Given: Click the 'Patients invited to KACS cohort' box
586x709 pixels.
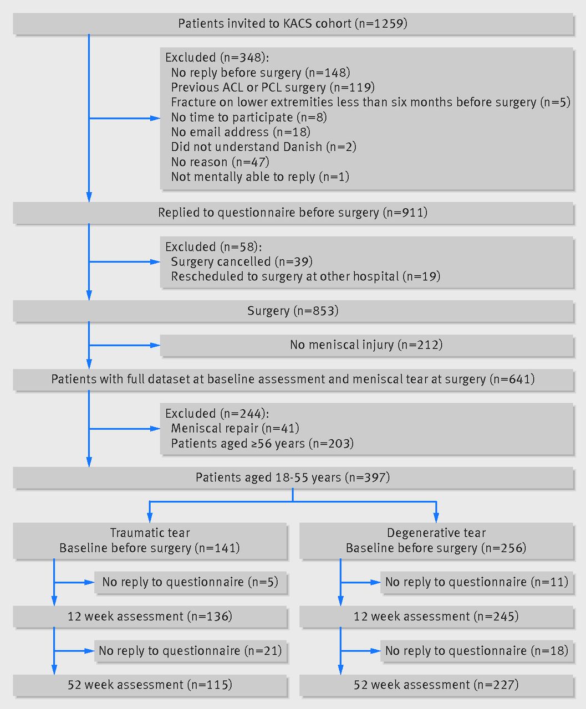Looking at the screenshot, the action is [x=293, y=24].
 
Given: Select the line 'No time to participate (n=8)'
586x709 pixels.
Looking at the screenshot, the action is [x=249, y=117].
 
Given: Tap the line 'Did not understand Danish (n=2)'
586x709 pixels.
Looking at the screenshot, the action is [x=263, y=147].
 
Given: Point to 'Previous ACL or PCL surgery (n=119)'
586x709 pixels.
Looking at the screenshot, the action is [x=273, y=88].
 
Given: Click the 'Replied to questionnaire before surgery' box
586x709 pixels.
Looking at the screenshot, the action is [x=293, y=213].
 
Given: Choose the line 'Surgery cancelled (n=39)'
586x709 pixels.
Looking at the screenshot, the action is [x=242, y=261].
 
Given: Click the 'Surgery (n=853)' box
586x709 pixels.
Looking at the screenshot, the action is [x=293, y=311].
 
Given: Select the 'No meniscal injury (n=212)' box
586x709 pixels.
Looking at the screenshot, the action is [x=366, y=345].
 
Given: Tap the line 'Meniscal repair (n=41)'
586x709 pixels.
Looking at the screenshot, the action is [x=235, y=428].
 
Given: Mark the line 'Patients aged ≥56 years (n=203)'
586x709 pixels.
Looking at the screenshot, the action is [x=262, y=443].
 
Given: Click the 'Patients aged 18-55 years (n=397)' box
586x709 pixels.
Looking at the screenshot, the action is [x=293, y=478].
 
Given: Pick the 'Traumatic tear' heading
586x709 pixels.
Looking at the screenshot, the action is [x=150, y=533].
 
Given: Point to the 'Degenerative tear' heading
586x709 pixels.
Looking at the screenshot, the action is [x=436, y=533].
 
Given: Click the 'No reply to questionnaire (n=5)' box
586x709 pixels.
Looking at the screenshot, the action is [x=190, y=582].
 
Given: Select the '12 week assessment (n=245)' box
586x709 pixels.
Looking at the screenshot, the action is [x=436, y=616].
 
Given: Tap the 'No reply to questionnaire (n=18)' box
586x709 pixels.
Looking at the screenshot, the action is [x=477, y=651].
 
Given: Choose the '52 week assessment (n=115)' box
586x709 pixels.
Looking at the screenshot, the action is [x=150, y=685].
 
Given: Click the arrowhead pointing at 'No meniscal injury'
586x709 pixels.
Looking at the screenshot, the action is [x=155, y=345].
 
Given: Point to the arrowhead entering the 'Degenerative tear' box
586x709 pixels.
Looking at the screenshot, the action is [x=436, y=517].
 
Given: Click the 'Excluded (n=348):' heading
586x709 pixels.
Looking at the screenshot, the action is [x=217, y=58].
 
